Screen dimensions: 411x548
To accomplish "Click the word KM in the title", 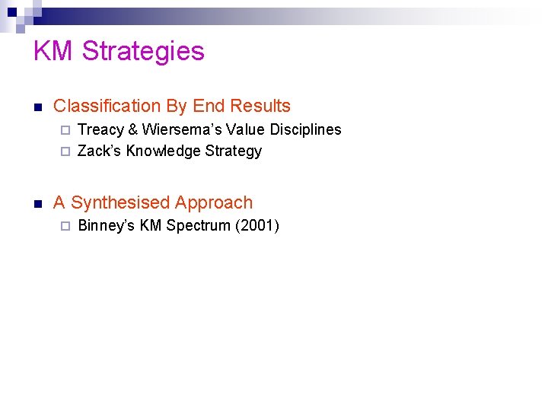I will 53,51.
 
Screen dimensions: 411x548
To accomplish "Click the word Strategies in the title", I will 143,51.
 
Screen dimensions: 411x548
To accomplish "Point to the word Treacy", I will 100,129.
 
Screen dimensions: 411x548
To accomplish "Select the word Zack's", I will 99,151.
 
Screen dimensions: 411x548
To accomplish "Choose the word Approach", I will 214,202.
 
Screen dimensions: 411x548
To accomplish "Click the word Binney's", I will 107,225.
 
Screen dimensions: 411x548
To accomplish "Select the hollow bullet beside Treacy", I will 65,130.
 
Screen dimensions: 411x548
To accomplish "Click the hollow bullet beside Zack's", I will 65,151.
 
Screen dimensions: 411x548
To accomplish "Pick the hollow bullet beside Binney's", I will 65,226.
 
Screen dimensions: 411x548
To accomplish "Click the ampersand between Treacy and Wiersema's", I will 133,129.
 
